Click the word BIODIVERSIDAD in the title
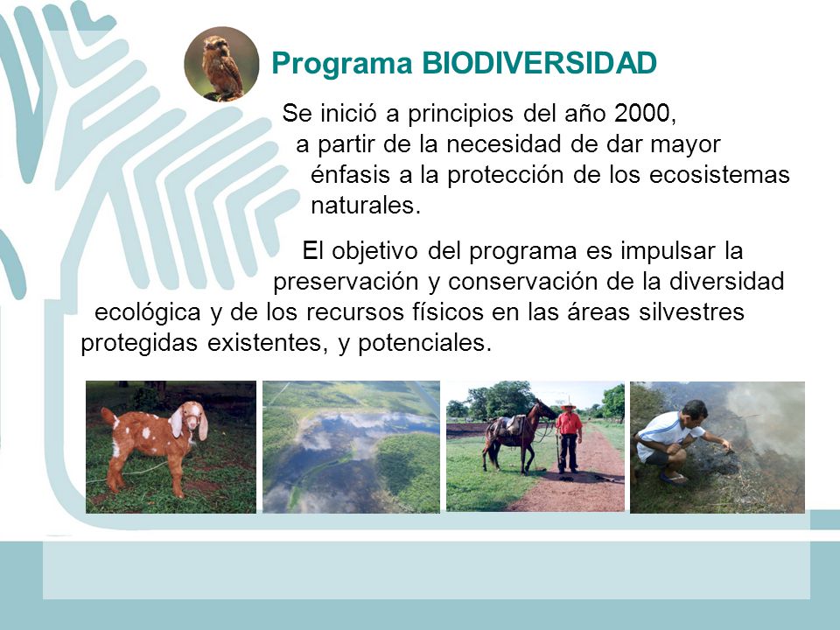540,63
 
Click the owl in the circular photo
221,66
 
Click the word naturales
366,205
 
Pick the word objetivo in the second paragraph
374,252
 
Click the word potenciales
424,343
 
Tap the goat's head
189,419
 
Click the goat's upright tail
108,416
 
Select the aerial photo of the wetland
351,447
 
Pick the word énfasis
350,175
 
